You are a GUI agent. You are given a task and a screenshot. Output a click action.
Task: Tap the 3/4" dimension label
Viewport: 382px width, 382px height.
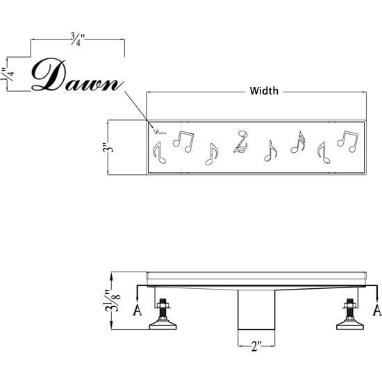tap(78, 39)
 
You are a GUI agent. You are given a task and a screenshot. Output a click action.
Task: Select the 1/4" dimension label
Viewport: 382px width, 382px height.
tap(8, 74)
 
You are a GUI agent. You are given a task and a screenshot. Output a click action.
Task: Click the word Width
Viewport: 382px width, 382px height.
tap(264, 91)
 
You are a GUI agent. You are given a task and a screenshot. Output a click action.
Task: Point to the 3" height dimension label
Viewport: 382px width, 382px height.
tap(108, 147)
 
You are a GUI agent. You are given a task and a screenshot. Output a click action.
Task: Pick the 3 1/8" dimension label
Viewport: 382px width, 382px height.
tap(113, 301)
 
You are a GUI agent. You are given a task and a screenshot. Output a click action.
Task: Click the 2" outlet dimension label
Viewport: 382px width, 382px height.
tap(256, 346)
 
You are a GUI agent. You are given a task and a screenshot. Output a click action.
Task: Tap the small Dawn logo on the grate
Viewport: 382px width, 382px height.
tap(160, 132)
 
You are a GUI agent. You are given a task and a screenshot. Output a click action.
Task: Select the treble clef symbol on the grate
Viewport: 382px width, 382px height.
tap(241, 142)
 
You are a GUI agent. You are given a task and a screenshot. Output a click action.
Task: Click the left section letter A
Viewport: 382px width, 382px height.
tap(137, 310)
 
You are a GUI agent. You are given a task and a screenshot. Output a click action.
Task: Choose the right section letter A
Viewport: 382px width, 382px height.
tap(377, 310)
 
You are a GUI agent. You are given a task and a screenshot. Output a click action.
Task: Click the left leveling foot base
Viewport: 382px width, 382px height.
tap(163, 325)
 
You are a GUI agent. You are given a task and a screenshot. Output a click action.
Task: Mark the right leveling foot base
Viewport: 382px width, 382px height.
tap(350, 325)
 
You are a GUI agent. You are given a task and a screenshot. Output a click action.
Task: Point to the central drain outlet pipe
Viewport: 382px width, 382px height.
tap(256, 310)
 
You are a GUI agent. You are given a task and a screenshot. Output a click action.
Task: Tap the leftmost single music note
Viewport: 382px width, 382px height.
tap(159, 153)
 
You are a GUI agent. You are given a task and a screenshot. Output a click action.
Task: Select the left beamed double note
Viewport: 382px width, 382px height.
tap(183, 142)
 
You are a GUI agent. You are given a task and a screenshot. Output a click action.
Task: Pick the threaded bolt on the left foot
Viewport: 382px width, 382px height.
tap(163, 309)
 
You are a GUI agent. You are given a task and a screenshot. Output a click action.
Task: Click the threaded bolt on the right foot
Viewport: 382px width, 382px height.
tap(350, 309)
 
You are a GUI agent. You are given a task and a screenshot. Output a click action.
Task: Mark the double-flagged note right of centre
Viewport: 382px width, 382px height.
tap(298, 142)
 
